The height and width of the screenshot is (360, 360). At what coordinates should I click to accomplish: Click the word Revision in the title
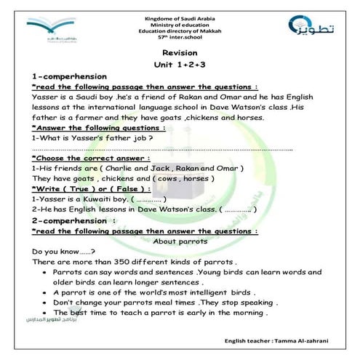click(180, 52)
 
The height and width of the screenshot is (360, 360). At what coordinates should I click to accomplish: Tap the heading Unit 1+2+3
click(180, 64)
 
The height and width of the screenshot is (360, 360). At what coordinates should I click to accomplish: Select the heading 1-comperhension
click(70, 76)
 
